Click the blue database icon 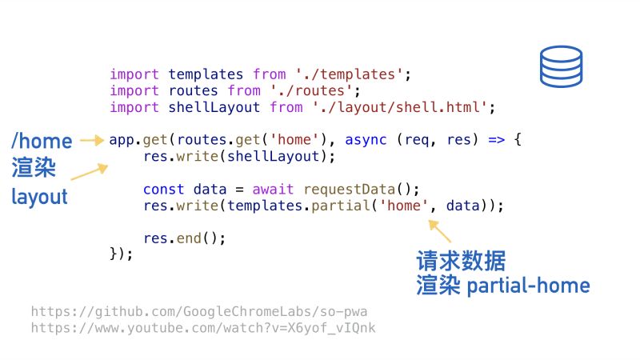pyautogui.click(x=561, y=66)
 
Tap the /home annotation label pyautogui.click(x=42, y=142)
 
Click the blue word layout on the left pyautogui.click(x=39, y=197)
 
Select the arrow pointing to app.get pyautogui.click(x=93, y=141)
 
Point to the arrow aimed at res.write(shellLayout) pyautogui.click(x=90, y=171)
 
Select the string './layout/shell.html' pyautogui.click(x=399, y=107)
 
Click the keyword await pyautogui.click(x=273, y=190)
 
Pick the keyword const pyautogui.click(x=164, y=190)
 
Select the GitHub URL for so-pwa pyautogui.click(x=199, y=311)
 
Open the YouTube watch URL pyautogui.click(x=203, y=328)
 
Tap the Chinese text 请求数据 pyautogui.click(x=461, y=261)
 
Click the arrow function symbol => pyautogui.click(x=496, y=140)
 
